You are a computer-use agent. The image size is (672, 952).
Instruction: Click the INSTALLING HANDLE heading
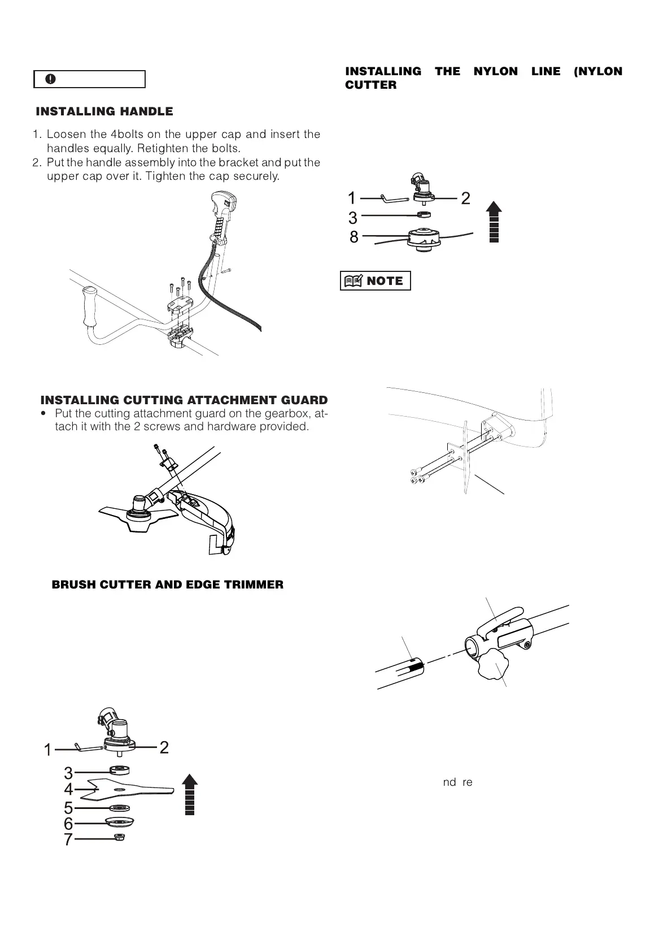[104, 111]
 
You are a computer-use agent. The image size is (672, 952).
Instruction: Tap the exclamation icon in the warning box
[51, 79]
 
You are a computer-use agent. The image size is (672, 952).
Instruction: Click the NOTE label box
[376, 281]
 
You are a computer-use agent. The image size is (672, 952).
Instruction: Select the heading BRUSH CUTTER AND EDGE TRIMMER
[168, 585]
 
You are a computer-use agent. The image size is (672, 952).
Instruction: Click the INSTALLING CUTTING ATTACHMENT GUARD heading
[184, 400]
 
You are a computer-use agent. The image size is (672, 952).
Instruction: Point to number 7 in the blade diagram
[68, 840]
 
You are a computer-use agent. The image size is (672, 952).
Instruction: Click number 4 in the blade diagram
[68, 789]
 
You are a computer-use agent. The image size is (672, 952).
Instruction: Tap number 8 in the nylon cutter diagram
[354, 237]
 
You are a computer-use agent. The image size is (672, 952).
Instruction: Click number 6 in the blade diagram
[68, 824]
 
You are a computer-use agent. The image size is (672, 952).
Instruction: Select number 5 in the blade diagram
[68, 807]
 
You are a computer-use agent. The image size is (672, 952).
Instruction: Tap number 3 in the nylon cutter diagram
[353, 218]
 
